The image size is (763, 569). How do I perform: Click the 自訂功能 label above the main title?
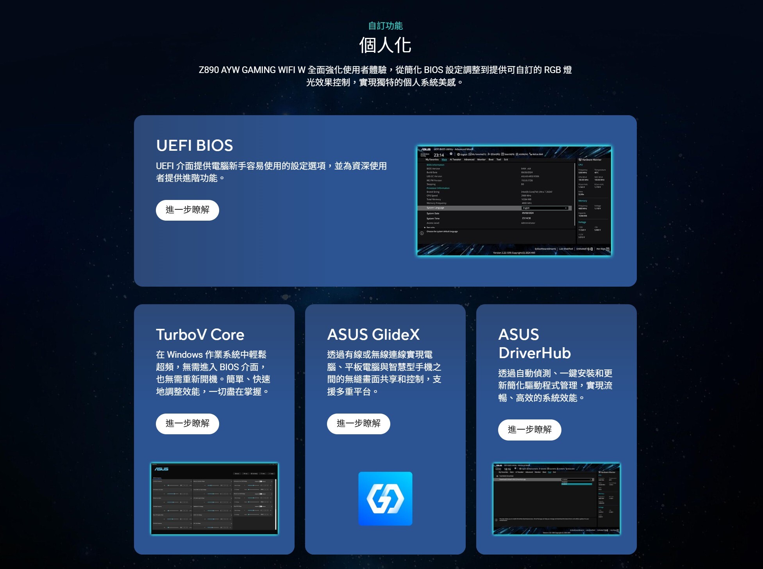385,26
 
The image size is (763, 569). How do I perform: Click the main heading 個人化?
385,45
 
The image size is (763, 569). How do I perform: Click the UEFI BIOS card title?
195,145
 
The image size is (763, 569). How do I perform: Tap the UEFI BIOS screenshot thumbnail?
514,201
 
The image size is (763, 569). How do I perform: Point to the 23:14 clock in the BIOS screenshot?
439,155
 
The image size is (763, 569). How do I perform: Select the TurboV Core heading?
200,335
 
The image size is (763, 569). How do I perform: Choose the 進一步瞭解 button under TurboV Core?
188,424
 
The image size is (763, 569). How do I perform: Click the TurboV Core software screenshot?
214,499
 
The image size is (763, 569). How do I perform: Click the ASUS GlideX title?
373,335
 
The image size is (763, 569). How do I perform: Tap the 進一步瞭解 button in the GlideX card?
359,424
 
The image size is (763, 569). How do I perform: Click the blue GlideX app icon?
385,499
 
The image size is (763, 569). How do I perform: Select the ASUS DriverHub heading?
534,344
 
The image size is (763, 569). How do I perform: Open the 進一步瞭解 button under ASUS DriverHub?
530,430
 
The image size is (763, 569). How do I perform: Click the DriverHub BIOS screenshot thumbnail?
556,499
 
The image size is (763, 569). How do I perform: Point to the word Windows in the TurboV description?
185,355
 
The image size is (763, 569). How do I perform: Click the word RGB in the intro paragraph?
552,70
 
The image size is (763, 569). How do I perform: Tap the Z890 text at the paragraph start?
209,70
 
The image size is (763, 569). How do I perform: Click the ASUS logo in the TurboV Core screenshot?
161,469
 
